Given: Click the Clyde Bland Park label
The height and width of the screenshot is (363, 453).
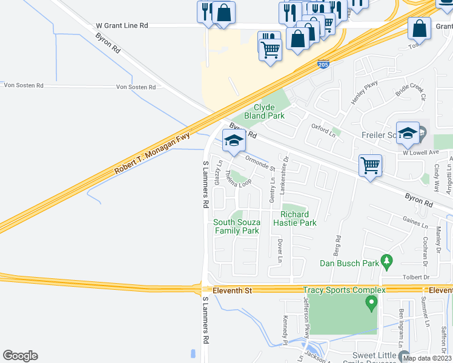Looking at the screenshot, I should click(264, 111).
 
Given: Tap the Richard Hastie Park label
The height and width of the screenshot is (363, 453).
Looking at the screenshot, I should click(299, 218).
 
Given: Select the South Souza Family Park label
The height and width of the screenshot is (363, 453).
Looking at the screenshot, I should click(236, 226).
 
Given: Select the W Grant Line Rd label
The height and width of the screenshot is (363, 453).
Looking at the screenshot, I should click(122, 27).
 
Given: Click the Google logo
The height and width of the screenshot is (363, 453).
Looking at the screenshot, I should click(20, 356).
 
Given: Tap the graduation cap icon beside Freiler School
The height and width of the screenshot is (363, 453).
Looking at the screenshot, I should click(408, 132).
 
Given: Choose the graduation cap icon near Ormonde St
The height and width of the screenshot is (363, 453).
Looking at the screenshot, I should click(234, 142).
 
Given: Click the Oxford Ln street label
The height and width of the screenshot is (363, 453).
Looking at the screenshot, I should click(323, 129).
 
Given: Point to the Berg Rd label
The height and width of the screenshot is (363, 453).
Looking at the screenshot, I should click(338, 246).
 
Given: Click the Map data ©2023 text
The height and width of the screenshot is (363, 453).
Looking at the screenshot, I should click(427, 358).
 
